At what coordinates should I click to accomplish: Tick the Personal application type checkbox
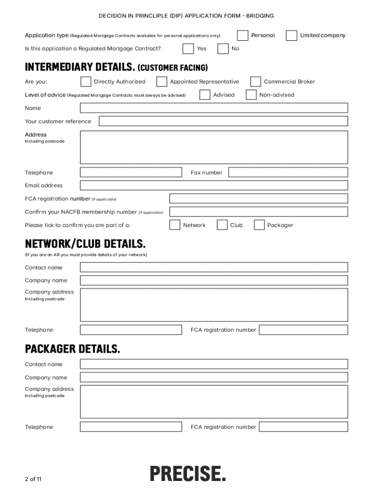click(x=243, y=35)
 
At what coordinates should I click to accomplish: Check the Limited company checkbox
click(x=292, y=35)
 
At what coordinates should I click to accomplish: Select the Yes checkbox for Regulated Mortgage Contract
click(x=188, y=48)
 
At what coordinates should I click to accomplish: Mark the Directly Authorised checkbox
click(x=86, y=81)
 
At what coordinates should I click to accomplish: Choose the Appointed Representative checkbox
click(x=162, y=81)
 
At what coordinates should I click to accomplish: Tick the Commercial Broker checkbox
click(x=256, y=81)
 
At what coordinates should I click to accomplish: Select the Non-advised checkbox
click(x=251, y=95)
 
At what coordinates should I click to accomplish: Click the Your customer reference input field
click(x=223, y=121)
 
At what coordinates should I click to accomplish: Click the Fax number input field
click(x=288, y=172)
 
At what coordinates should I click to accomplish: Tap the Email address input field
click(x=214, y=186)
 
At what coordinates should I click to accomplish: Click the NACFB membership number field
click(x=258, y=212)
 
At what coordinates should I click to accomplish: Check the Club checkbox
click(x=222, y=225)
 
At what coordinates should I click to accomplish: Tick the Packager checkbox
click(x=260, y=225)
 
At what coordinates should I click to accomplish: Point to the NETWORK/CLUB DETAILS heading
click(x=85, y=243)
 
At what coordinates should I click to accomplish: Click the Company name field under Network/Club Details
click(x=214, y=280)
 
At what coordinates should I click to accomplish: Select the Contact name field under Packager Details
click(x=214, y=364)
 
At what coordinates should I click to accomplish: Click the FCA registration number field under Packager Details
click(x=303, y=427)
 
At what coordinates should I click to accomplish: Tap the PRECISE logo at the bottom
click(x=187, y=473)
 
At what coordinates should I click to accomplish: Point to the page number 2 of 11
click(x=33, y=480)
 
